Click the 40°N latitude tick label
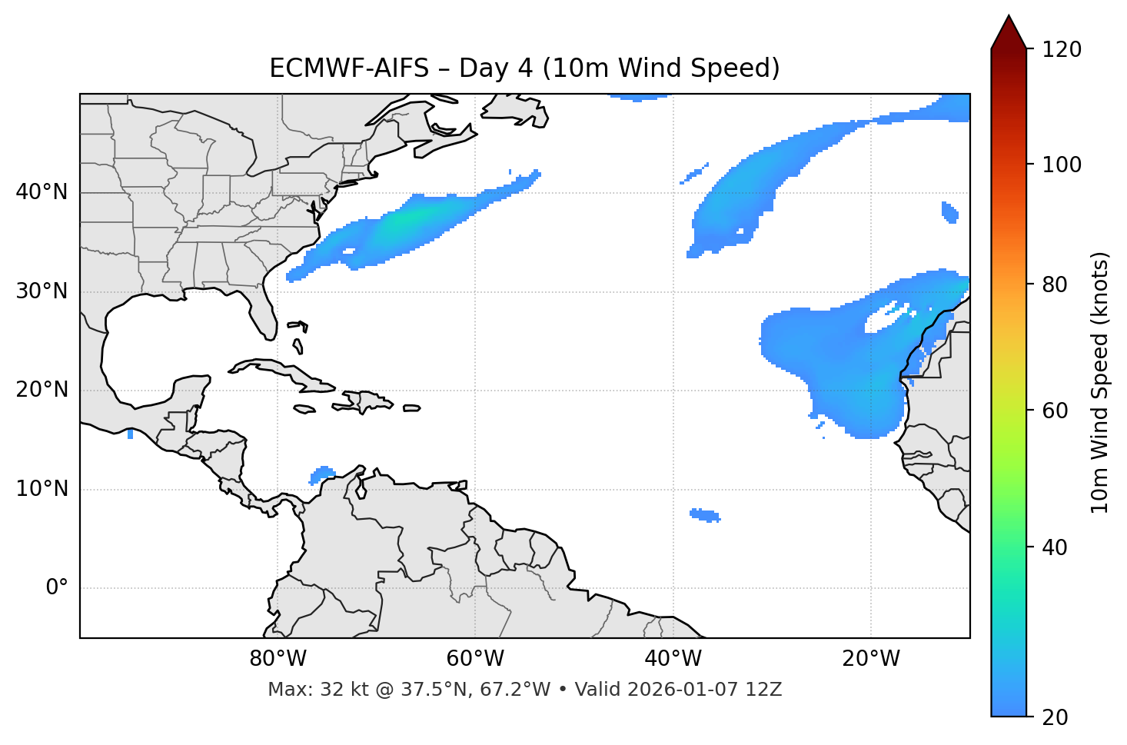tap(42, 192)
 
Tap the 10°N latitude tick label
tap(42, 489)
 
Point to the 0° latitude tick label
tap(57, 588)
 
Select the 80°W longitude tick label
tap(278, 659)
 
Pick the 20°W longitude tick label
tap(871, 659)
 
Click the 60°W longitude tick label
tap(475, 659)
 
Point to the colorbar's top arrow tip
tap(1009, 16)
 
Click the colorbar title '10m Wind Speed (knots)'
tap(1100, 383)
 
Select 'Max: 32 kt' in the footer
tap(304, 690)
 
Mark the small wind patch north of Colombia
tap(323, 474)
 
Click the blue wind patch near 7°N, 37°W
tap(705, 514)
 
